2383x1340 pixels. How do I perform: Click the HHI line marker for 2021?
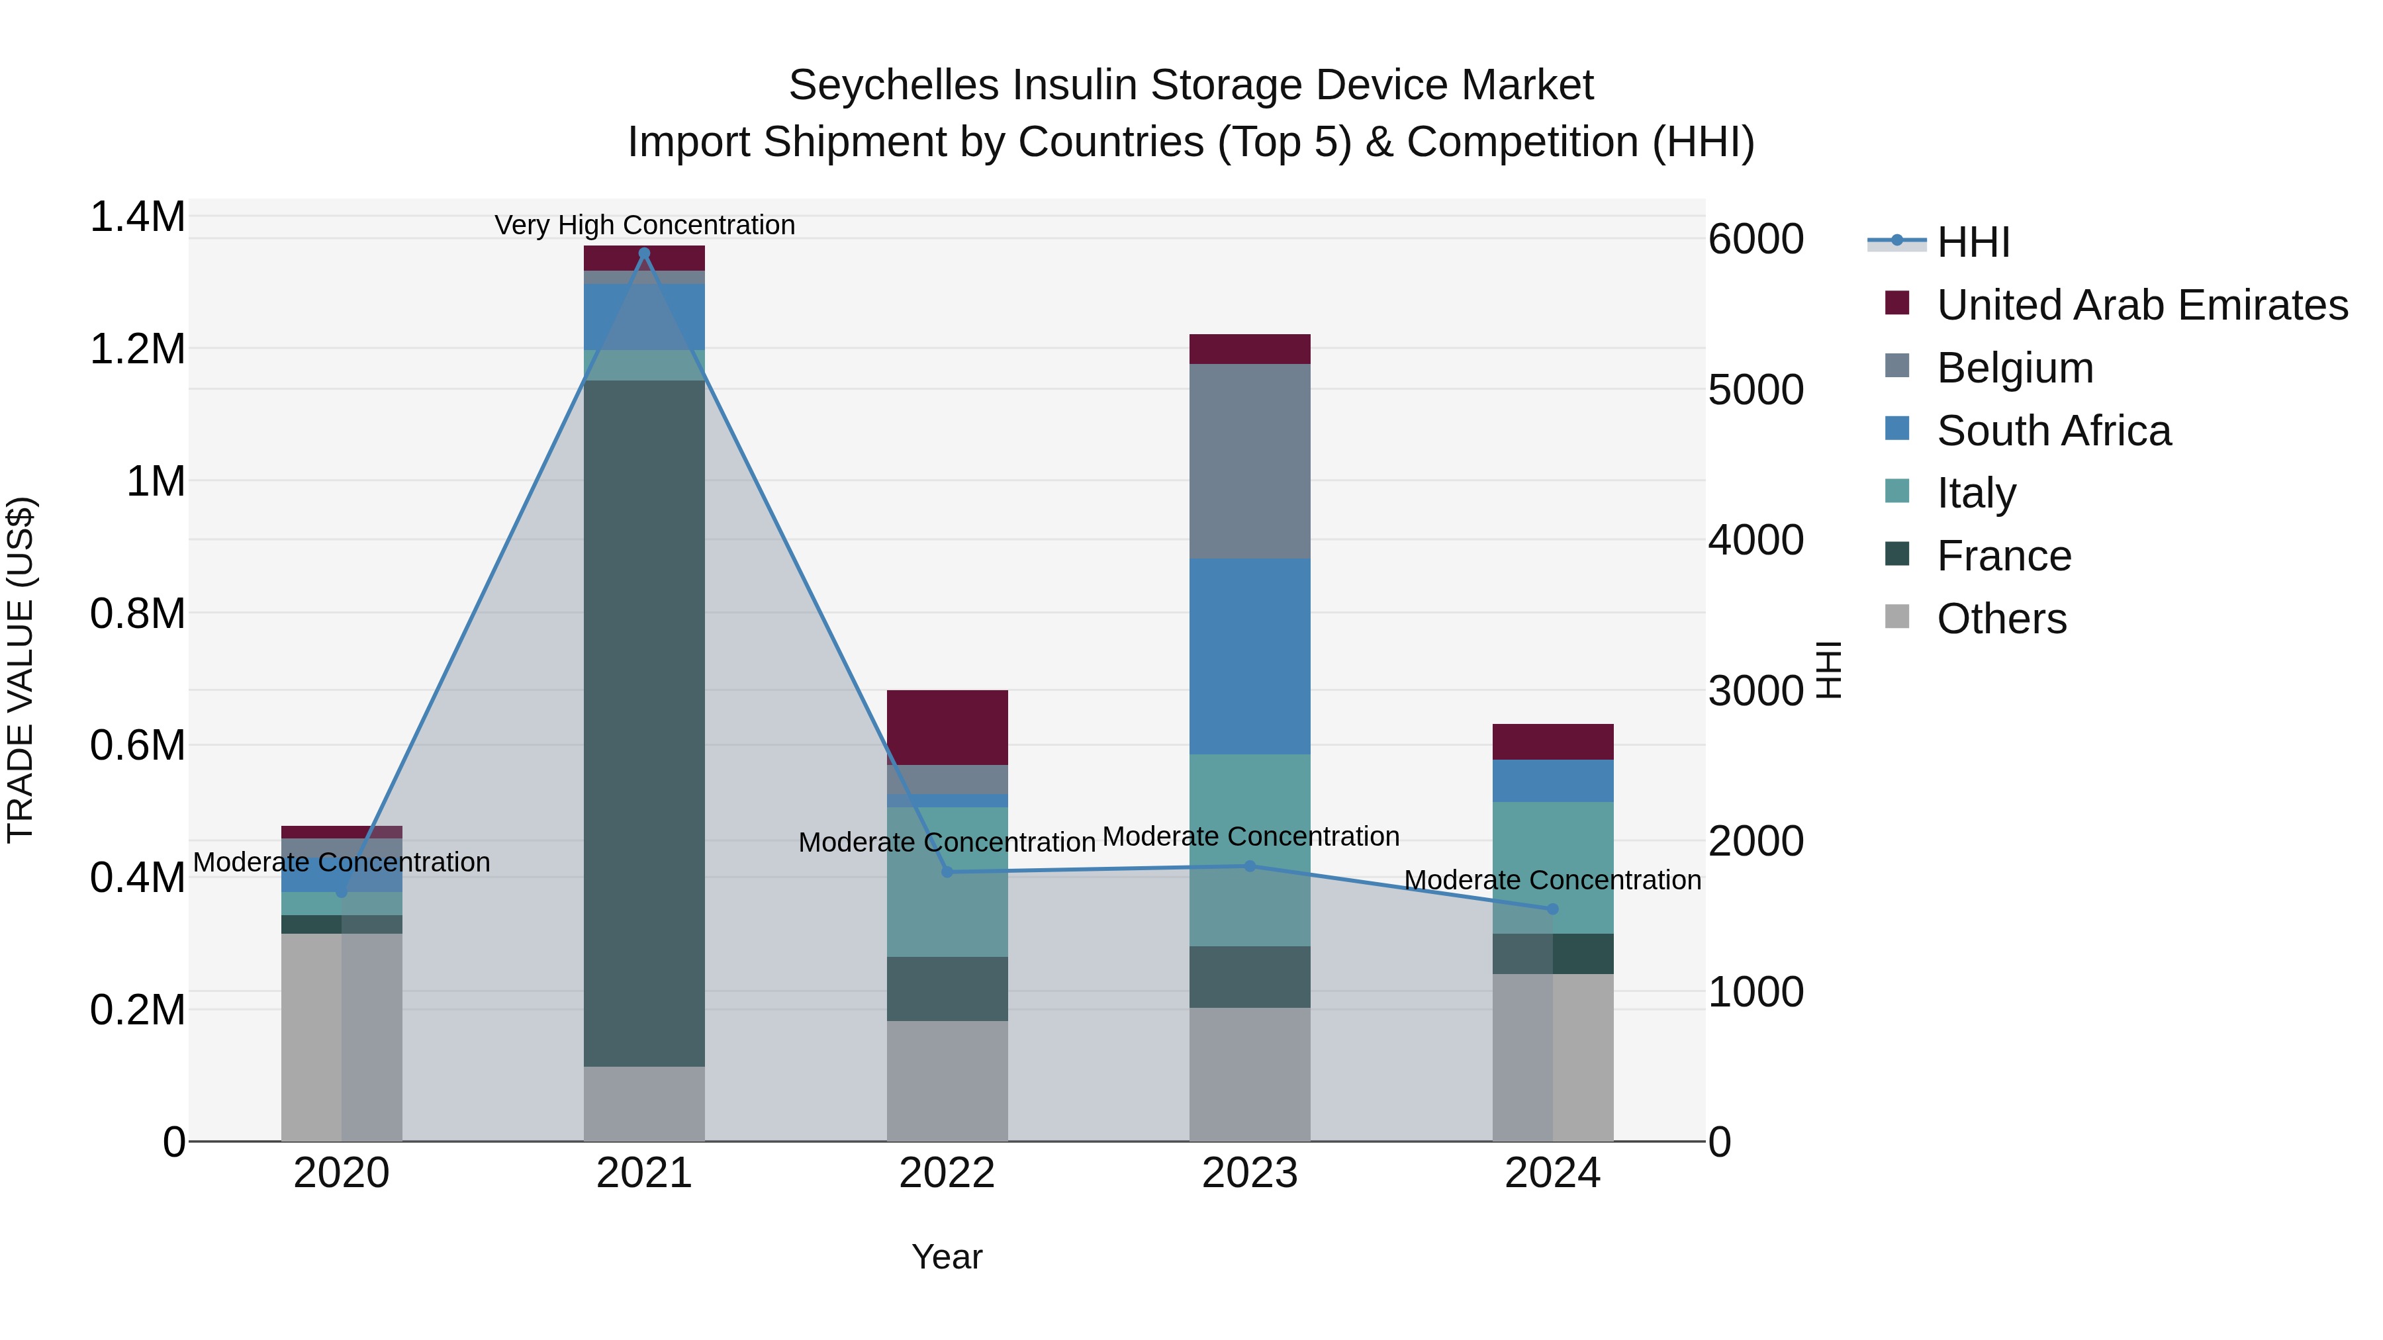coord(644,253)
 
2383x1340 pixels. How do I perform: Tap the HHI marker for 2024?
coord(1552,909)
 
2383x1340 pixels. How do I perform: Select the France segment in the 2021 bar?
coord(644,721)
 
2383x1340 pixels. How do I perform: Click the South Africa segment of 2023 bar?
coord(1250,656)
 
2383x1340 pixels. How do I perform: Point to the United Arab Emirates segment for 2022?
coord(947,727)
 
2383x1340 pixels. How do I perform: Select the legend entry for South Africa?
coord(2053,431)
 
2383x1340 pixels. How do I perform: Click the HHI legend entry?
coord(1973,242)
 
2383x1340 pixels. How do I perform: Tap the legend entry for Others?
coord(2001,619)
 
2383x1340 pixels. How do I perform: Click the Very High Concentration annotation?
coord(645,225)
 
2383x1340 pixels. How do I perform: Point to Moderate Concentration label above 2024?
coord(1552,879)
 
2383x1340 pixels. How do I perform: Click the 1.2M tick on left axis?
coord(137,349)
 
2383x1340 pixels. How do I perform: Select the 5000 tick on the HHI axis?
coord(1755,390)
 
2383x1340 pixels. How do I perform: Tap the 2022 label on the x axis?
coord(947,1173)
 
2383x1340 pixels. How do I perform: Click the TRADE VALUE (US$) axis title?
coord(21,670)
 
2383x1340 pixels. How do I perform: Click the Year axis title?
coord(947,1257)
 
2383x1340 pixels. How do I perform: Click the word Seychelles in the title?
coord(893,85)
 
